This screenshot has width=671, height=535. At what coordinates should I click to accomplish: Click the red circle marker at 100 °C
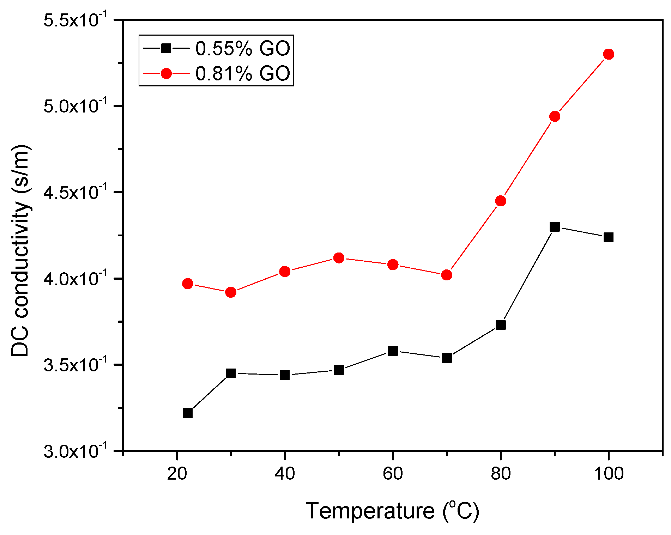(609, 54)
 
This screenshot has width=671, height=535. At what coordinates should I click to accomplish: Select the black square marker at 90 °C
(555, 227)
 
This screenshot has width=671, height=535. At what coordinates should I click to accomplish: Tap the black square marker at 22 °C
(188, 413)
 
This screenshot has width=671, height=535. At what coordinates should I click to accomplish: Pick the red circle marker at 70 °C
(447, 275)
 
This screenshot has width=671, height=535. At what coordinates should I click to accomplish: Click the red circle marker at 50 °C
(339, 258)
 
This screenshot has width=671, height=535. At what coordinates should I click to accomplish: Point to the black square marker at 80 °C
(501, 325)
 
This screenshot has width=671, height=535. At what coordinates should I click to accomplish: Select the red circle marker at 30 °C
(231, 292)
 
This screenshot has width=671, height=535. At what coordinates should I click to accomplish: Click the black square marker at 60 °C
(393, 351)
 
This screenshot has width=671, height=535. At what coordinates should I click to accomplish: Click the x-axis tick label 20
(177, 473)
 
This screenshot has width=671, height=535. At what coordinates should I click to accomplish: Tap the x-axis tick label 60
(393, 473)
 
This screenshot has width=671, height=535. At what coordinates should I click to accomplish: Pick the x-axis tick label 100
(609, 473)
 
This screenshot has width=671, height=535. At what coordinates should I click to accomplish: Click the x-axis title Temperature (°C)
(392, 511)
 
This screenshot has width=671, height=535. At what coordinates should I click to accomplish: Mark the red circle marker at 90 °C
(555, 116)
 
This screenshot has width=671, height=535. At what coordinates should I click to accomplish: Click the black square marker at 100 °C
(609, 237)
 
